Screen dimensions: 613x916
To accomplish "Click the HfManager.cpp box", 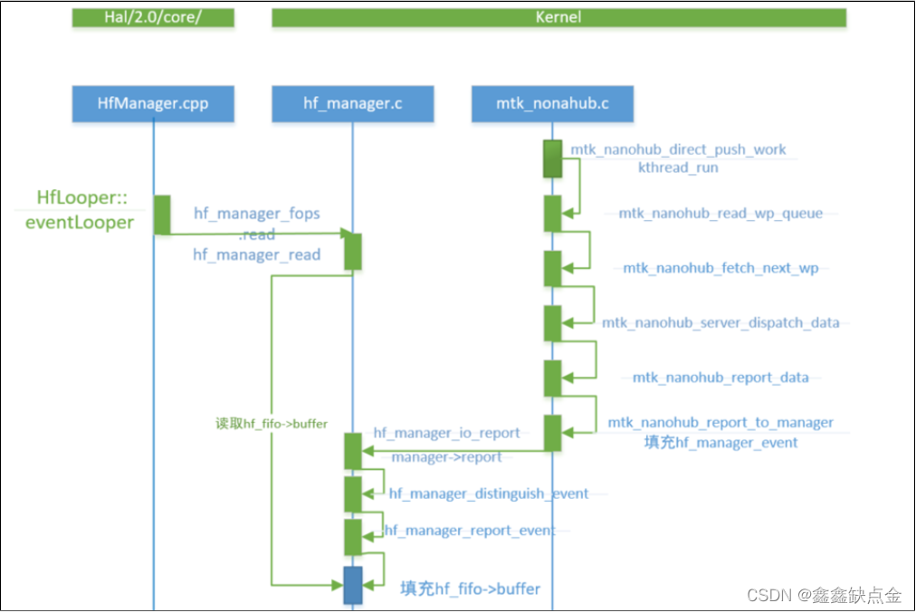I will [x=153, y=103].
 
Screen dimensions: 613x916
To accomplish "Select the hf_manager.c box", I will [x=352, y=103].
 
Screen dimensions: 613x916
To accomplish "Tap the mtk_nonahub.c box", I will [x=552, y=103].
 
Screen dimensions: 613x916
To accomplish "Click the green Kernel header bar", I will [x=558, y=17].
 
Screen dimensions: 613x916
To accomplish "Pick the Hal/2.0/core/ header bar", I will [x=153, y=17].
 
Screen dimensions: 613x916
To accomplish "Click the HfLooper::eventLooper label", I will [x=84, y=209].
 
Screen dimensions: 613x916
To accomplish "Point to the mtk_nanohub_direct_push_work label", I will [x=678, y=149].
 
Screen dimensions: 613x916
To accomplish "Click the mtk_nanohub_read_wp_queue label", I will [x=720, y=214].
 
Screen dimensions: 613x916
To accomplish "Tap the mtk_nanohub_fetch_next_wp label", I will [x=720, y=268].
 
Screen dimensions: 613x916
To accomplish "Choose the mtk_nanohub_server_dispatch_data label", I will [x=720, y=322].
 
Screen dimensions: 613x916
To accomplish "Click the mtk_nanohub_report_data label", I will [x=720, y=377].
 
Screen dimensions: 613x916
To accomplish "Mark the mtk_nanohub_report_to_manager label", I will [x=720, y=422].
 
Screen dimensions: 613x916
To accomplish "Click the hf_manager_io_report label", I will [x=446, y=433].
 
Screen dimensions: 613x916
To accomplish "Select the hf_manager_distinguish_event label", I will [x=489, y=493].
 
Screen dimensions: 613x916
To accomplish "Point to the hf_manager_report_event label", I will [x=469, y=531].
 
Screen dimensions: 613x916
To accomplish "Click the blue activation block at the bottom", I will [x=353, y=585].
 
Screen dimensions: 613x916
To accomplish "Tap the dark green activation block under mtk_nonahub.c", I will [x=552, y=158].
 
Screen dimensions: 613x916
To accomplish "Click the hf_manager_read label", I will [x=256, y=254].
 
